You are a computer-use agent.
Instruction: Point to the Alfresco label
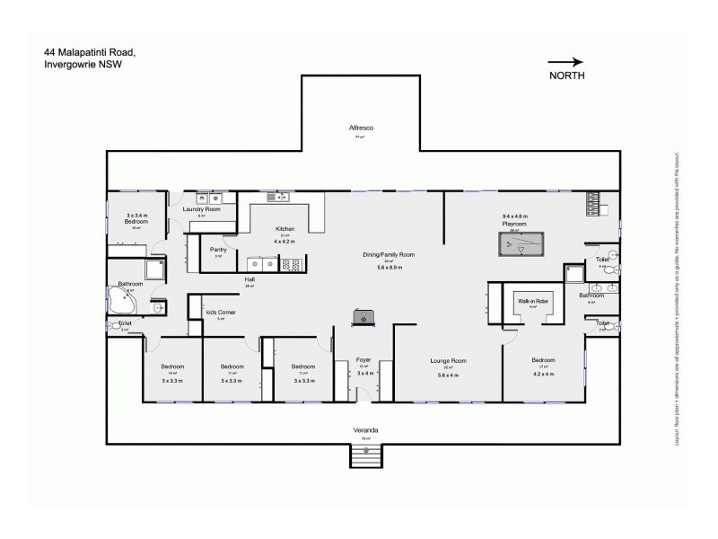tap(361, 128)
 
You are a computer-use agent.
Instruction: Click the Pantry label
tap(218, 249)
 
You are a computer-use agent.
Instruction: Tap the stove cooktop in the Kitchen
tap(293, 264)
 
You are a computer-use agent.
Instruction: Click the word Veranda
tap(364, 431)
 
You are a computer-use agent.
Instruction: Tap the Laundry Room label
tap(201, 209)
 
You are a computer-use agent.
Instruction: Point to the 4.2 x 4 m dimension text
tap(542, 374)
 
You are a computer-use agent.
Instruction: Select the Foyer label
tap(363, 360)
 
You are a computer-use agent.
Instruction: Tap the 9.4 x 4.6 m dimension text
tap(513, 216)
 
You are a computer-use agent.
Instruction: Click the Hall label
tap(250, 279)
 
